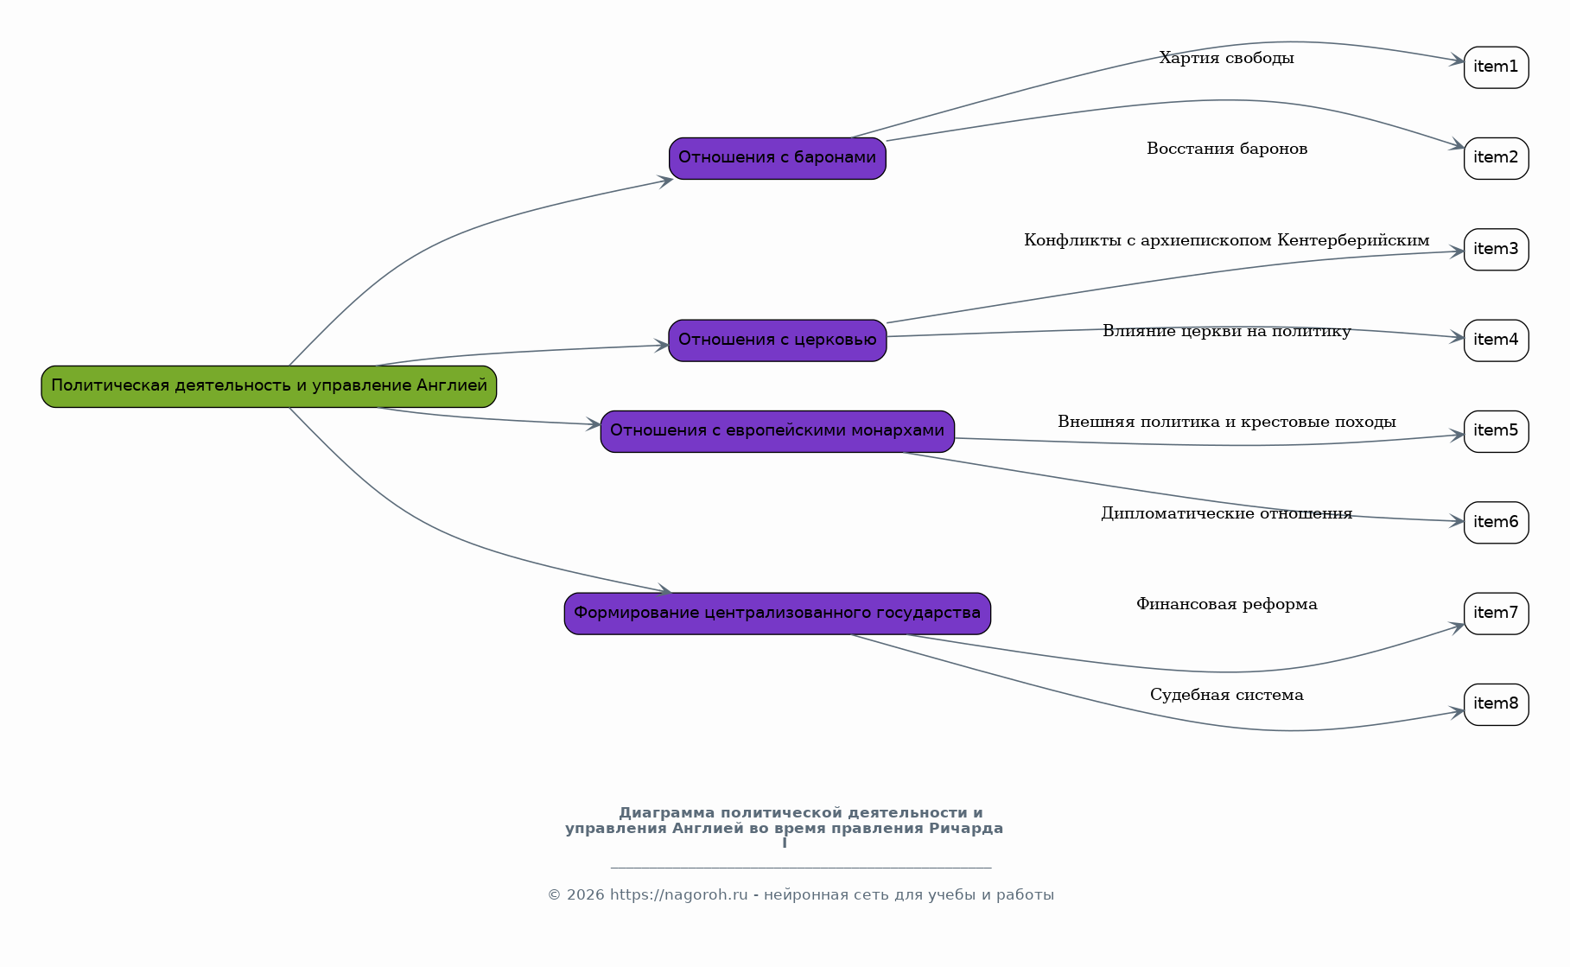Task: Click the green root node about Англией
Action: pyautogui.click(x=269, y=386)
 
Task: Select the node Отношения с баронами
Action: pyautogui.click(x=778, y=158)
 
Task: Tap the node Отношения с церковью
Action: pyautogui.click(x=778, y=340)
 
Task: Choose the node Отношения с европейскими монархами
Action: pyautogui.click(x=778, y=431)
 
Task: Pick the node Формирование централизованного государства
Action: pyautogui.click(x=778, y=614)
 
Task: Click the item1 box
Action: pyautogui.click(x=1497, y=67)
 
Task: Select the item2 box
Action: pyautogui.click(x=1497, y=158)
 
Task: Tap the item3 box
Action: pyautogui.click(x=1497, y=250)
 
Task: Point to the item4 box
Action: pyautogui.click(x=1497, y=340)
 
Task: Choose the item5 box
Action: pyautogui.click(x=1497, y=431)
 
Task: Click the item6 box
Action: pyautogui.click(x=1497, y=523)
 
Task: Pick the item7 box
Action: pyautogui.click(x=1497, y=614)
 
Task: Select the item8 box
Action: pyautogui.click(x=1497, y=704)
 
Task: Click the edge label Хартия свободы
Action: pyautogui.click(x=1227, y=59)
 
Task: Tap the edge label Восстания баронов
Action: pyautogui.click(x=1227, y=150)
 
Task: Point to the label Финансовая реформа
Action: pyautogui.click(x=1227, y=605)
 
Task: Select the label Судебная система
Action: pyautogui.click(x=1227, y=696)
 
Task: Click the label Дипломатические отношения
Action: pyautogui.click(x=1227, y=514)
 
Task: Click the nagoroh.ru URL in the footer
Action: pyautogui.click(x=679, y=895)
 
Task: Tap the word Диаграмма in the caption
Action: pyautogui.click(x=667, y=813)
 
